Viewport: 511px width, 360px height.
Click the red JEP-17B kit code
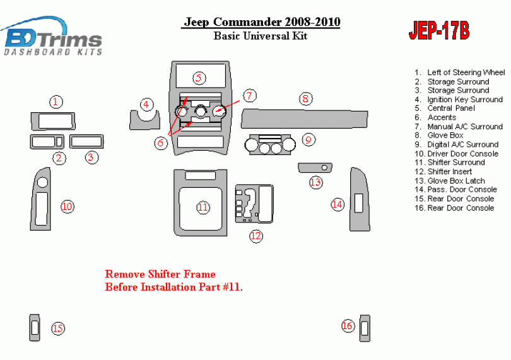tap(439, 31)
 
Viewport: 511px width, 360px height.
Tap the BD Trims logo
tap(52, 37)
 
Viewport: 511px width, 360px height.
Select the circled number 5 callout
tap(199, 78)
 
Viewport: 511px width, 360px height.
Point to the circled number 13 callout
tap(315, 182)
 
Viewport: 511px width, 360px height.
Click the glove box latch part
tap(315, 168)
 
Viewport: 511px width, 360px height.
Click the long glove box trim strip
tap(304, 119)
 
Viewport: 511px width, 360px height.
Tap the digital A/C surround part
tap(270, 144)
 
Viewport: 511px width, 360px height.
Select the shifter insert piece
tap(254, 204)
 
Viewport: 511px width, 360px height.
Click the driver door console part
tap(41, 199)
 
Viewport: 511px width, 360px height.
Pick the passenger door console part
tap(360, 199)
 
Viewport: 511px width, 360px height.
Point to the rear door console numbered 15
tap(35, 328)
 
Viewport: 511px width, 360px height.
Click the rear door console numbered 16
tap(365, 328)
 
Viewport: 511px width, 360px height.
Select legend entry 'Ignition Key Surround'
tap(459, 100)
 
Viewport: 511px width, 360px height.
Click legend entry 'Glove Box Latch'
tap(450, 181)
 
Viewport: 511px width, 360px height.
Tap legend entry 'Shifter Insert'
tap(443, 171)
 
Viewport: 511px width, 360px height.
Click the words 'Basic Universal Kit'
tap(261, 35)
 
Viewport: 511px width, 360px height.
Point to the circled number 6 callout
tap(161, 143)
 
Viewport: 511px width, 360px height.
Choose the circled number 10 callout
tap(67, 207)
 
